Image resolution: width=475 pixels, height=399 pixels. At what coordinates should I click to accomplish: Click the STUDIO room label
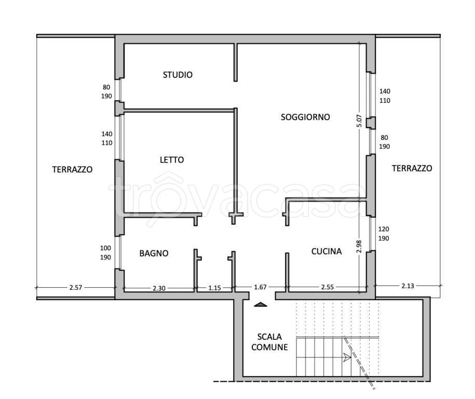[x=178, y=75]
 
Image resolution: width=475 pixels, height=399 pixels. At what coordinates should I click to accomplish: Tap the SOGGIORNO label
[x=305, y=117]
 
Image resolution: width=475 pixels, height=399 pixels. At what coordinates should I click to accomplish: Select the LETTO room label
[x=172, y=160]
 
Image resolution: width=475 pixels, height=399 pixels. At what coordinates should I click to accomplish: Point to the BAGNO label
[x=154, y=253]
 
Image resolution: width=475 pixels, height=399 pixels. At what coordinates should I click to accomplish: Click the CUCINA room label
[x=327, y=251]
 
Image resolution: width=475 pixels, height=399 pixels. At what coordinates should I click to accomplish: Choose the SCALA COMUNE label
[x=269, y=342]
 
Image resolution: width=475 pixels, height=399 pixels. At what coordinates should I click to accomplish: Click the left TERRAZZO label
[x=72, y=169]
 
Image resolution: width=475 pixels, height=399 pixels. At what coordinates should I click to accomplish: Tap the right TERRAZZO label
[x=412, y=168]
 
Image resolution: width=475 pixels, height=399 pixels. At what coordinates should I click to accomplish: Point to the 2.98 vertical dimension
[x=359, y=246]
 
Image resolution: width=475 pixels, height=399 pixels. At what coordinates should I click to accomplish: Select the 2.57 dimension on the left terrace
[x=76, y=287]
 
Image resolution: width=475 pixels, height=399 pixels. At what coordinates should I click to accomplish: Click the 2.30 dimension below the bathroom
[x=159, y=288]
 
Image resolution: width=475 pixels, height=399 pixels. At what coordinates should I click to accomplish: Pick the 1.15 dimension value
[x=214, y=288]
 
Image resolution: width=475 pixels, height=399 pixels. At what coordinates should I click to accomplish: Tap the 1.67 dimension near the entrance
[x=260, y=287]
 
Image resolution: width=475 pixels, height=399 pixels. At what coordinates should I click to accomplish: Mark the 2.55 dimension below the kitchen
[x=328, y=287]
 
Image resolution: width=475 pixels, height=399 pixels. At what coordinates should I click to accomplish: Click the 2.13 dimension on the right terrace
[x=408, y=286]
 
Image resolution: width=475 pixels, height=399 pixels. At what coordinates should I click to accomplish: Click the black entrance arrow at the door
[x=261, y=304]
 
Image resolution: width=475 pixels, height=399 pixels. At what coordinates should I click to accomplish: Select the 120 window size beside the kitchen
[x=384, y=229]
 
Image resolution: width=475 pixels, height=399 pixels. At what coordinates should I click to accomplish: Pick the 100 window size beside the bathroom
[x=105, y=248]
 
